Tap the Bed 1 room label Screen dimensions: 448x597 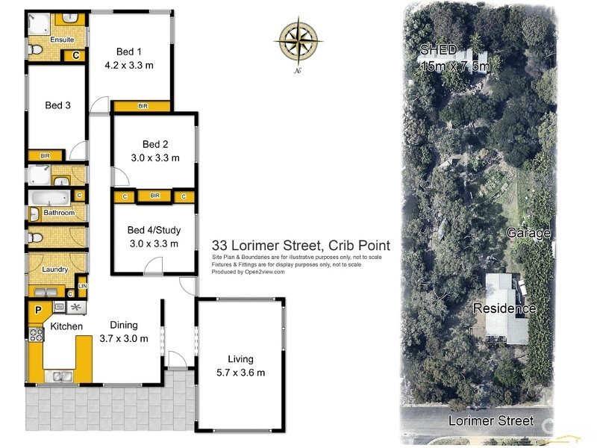(128, 52)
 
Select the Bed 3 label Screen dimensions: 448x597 (57, 105)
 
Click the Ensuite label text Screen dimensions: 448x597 (62, 40)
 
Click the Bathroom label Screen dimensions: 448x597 (59, 213)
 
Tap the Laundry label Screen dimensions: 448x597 (56, 270)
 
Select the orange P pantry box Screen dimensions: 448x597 (35, 309)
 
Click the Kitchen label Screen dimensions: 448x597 (66, 326)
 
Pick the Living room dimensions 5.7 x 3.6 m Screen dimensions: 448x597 (240, 373)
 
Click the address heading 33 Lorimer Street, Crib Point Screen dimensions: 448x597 (301, 245)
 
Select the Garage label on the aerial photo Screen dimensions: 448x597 (529, 233)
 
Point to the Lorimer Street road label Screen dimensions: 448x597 (491, 421)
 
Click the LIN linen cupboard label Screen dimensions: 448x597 (82, 286)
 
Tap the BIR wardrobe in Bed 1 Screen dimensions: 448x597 (142, 107)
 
